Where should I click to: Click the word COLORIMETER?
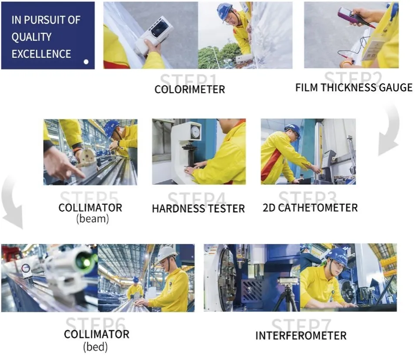(190, 90)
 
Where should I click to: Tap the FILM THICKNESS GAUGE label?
(354, 87)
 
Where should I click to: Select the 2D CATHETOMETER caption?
(310, 208)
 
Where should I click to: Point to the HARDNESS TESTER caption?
(198, 208)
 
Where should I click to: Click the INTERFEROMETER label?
(301, 336)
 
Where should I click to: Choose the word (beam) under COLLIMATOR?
(92, 219)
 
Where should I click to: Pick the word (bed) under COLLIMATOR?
(96, 347)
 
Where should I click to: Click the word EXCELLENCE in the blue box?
(41, 54)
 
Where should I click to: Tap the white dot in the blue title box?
(86, 62)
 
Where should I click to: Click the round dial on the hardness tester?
(196, 131)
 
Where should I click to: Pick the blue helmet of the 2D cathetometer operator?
(292, 129)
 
